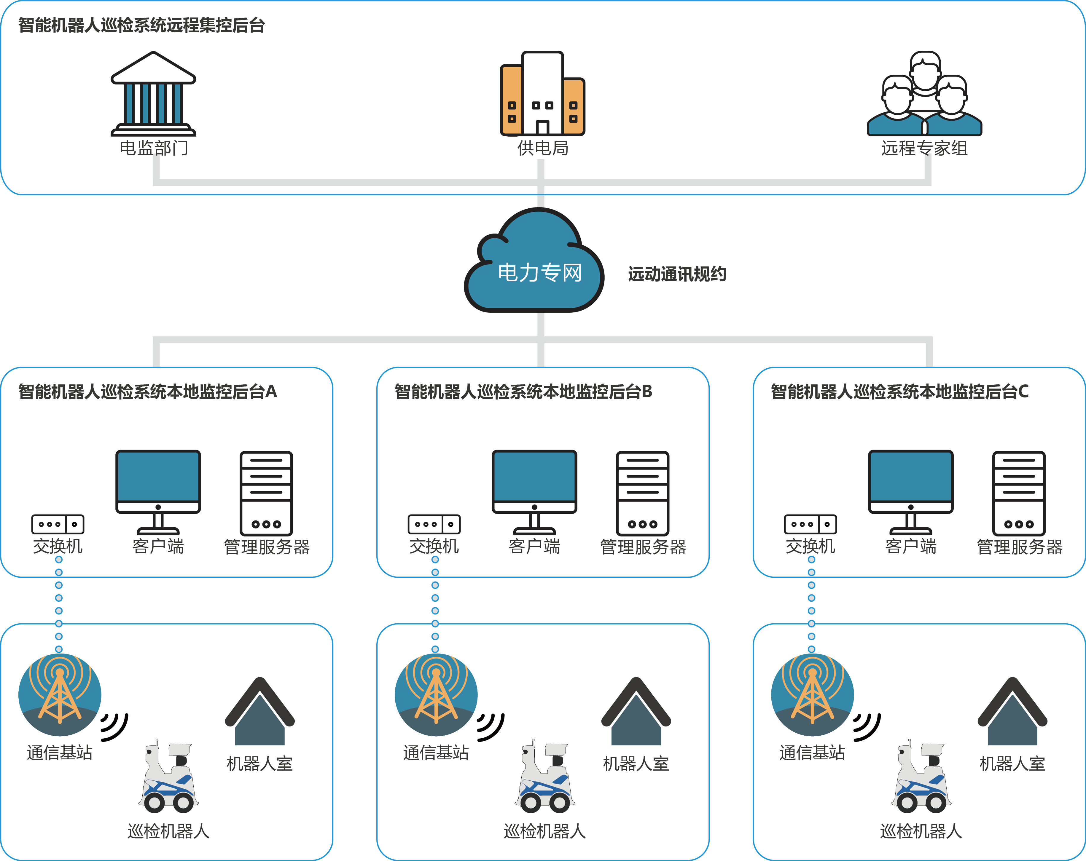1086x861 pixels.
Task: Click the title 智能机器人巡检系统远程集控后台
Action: click(x=141, y=25)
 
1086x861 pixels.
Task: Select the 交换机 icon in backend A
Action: click(x=58, y=524)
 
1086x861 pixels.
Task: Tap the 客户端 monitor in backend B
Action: click(x=534, y=491)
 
